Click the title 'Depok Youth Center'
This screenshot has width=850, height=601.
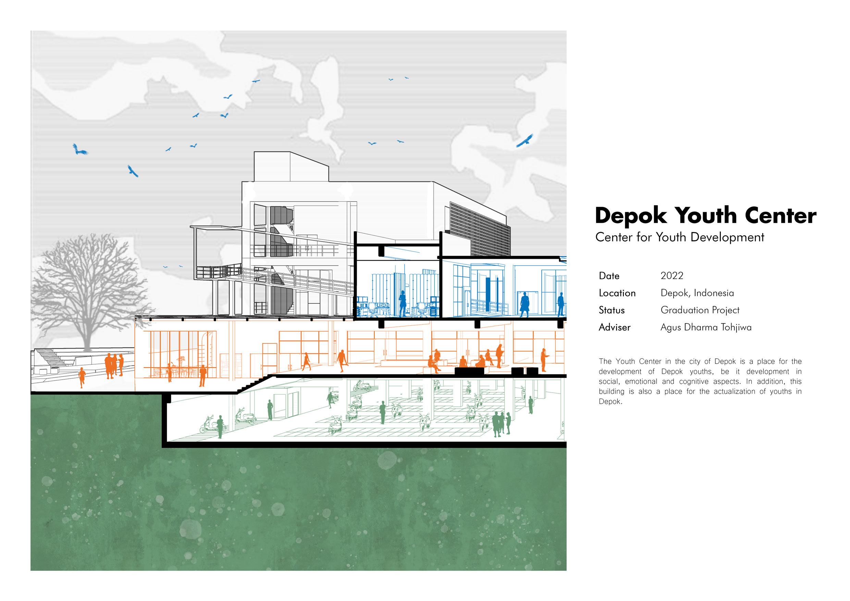coord(705,216)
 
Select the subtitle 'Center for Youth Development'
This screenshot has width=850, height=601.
coord(679,237)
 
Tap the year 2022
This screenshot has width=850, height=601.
coord(672,275)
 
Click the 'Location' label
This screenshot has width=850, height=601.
coord(617,293)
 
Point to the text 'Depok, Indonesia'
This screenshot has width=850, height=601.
coord(697,293)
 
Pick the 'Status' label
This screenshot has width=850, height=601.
coord(612,310)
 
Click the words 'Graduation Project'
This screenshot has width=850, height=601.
coord(700,310)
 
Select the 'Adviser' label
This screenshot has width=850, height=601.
coord(614,327)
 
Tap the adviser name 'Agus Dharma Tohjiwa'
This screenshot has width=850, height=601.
coord(706,327)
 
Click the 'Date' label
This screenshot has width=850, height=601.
coord(609,276)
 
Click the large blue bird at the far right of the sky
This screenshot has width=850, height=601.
coord(524,141)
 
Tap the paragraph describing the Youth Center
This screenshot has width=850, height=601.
coord(700,381)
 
